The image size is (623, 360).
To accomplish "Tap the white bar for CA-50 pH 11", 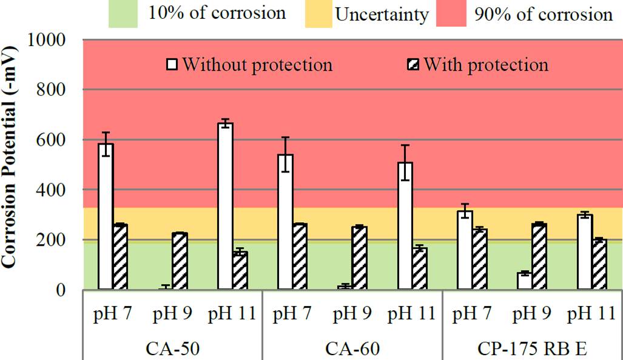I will (225, 206).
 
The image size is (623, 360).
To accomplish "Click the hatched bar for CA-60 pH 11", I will (420, 269).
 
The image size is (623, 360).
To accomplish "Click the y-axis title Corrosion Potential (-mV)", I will (10, 164).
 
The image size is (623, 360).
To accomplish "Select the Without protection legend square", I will (172, 64).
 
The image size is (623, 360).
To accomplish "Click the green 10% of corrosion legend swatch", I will (124, 14).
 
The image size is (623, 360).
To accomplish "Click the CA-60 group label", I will (352, 348).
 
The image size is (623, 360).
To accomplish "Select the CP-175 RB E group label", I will (533, 348).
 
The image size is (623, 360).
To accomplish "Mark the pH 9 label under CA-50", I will (172, 314).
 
